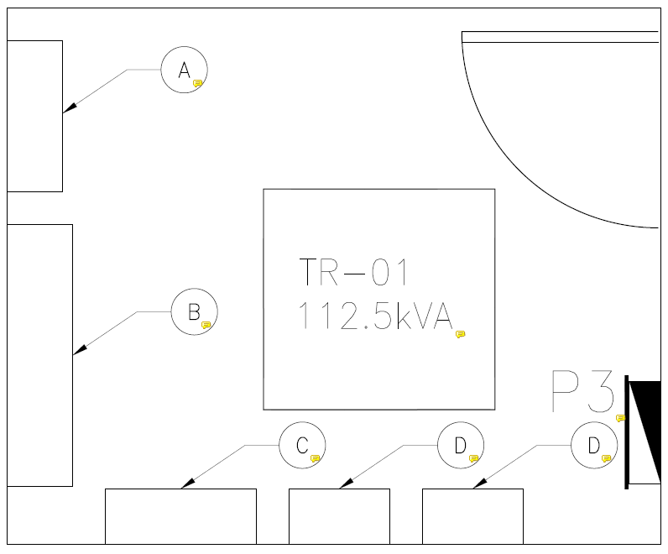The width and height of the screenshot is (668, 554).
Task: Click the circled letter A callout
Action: pos(184,70)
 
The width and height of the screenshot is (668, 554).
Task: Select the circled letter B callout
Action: pos(194,312)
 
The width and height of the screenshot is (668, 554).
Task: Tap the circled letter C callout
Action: pos(301,445)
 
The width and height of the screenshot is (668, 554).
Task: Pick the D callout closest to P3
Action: pos(594,445)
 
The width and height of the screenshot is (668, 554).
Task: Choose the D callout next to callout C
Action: pos(460,445)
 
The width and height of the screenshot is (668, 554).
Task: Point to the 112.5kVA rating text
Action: pos(374,316)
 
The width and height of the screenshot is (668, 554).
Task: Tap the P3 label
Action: pos(582,392)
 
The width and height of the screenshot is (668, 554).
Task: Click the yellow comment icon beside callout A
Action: pos(198,84)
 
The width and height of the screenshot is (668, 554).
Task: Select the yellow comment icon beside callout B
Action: pos(206,325)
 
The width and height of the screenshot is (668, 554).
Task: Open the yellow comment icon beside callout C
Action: pos(316,458)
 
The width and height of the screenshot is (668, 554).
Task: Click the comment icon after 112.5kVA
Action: pos(460,334)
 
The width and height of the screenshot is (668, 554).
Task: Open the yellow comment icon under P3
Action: pos(621,417)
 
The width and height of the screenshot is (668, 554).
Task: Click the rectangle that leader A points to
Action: pos(34,116)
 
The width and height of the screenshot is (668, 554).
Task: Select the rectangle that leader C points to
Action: pos(180,516)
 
